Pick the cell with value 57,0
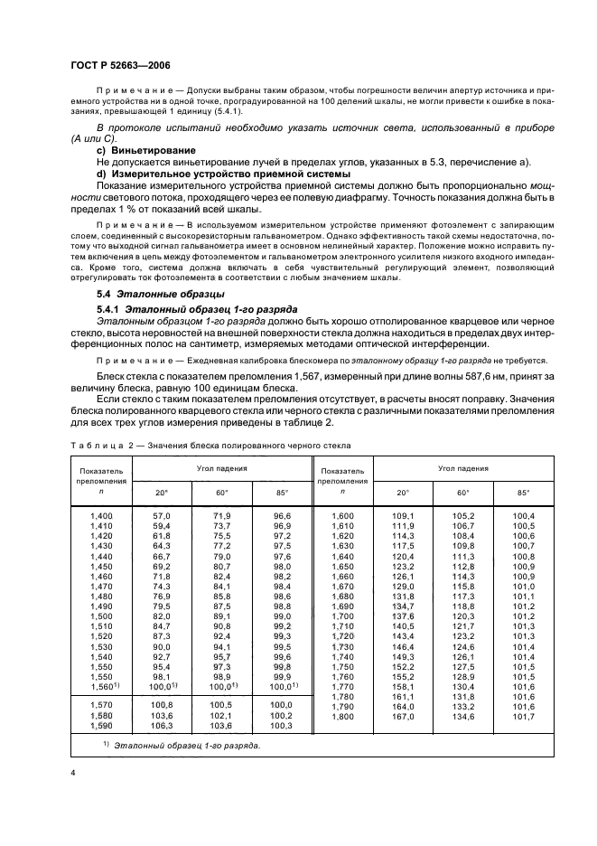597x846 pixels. [x=163, y=515]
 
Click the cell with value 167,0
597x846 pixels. [x=402, y=717]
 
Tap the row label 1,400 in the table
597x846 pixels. [x=101, y=515]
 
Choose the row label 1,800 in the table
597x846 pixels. [x=341, y=717]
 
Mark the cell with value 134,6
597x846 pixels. [x=462, y=717]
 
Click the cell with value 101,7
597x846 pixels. [x=524, y=717]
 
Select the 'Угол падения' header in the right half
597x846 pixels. [x=463, y=469]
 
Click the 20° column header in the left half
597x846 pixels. [x=163, y=493]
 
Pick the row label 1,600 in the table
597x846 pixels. [x=341, y=515]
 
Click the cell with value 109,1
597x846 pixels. [x=402, y=515]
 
